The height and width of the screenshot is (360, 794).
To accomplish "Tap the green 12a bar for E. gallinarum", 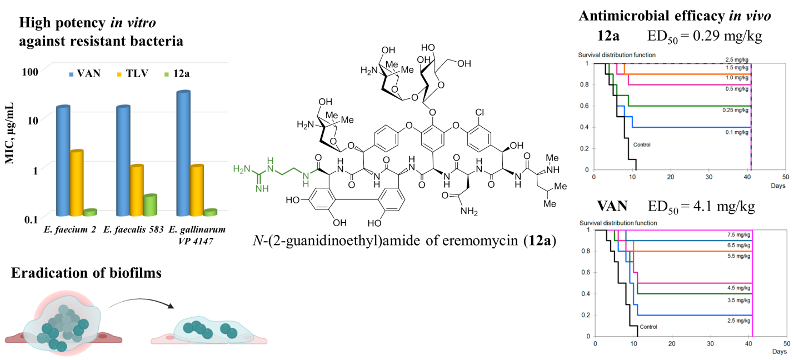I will coord(209,212).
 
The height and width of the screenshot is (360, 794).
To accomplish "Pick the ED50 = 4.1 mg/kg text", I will coord(701,207).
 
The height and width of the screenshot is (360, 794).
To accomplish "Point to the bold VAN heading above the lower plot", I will coord(612,207).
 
